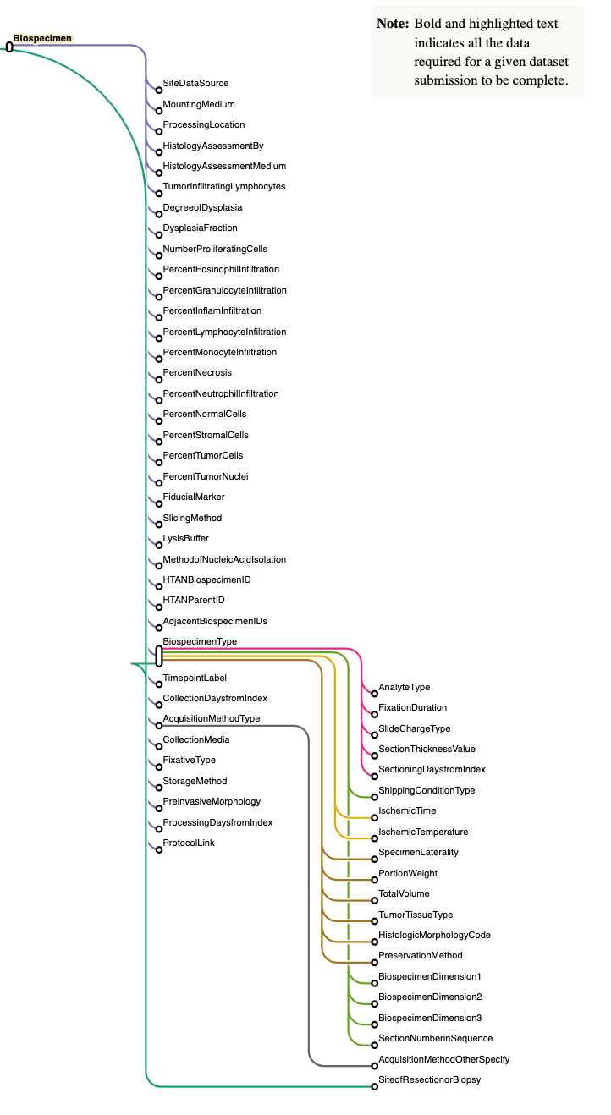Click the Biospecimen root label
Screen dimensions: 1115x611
click(x=41, y=38)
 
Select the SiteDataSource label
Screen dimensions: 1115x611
click(x=195, y=83)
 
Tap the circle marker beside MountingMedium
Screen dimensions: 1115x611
click(x=159, y=110)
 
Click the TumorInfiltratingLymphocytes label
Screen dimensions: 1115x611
click(x=224, y=186)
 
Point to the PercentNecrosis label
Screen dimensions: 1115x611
click(x=197, y=372)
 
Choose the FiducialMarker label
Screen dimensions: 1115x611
click(x=194, y=497)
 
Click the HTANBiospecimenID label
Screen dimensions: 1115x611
click(x=206, y=579)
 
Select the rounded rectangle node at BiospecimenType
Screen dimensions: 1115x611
click(x=159, y=656)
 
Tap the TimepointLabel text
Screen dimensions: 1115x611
click(x=195, y=678)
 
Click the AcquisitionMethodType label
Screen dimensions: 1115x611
click(x=212, y=718)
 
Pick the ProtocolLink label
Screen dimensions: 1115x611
click(x=189, y=843)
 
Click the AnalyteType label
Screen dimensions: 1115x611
click(x=404, y=687)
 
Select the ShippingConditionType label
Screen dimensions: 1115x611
click(x=427, y=790)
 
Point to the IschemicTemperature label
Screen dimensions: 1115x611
click(x=423, y=832)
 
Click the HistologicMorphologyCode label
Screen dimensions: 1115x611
click(x=434, y=935)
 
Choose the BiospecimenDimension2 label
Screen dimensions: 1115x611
click(x=430, y=997)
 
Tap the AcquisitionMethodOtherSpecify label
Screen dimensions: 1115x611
click(x=443, y=1059)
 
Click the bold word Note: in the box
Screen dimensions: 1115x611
click(x=393, y=24)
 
